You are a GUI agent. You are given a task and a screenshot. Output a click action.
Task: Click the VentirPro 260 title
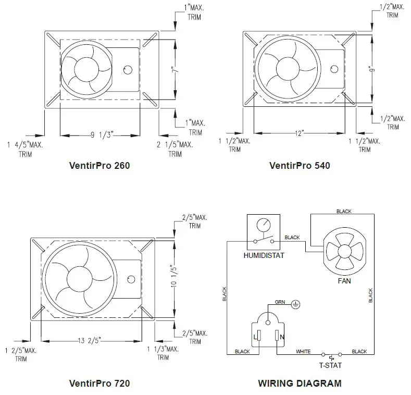pyautogui.click(x=99, y=166)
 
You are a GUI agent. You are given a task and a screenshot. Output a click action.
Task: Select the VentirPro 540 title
pyautogui.click(x=300, y=166)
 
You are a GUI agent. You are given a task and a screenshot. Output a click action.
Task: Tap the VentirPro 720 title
pyautogui.click(x=99, y=383)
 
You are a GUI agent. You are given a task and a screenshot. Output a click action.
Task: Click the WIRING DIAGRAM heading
pyautogui.click(x=300, y=383)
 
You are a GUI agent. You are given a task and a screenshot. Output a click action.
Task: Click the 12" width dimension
pyautogui.click(x=298, y=133)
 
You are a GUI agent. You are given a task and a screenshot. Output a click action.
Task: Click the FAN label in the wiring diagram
pyautogui.click(x=344, y=281)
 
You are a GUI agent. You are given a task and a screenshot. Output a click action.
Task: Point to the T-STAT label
pyautogui.click(x=330, y=365)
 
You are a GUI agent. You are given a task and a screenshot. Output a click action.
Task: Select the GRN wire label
pyautogui.click(x=280, y=302)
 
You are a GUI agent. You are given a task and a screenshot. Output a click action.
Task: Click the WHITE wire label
pyautogui.click(x=303, y=352)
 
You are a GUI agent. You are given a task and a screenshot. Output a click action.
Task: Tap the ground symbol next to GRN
pyautogui.click(x=295, y=303)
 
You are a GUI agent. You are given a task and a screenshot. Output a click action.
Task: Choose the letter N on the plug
pyautogui.click(x=282, y=338)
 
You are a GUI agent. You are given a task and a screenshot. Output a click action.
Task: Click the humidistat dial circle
pyautogui.click(x=263, y=225)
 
